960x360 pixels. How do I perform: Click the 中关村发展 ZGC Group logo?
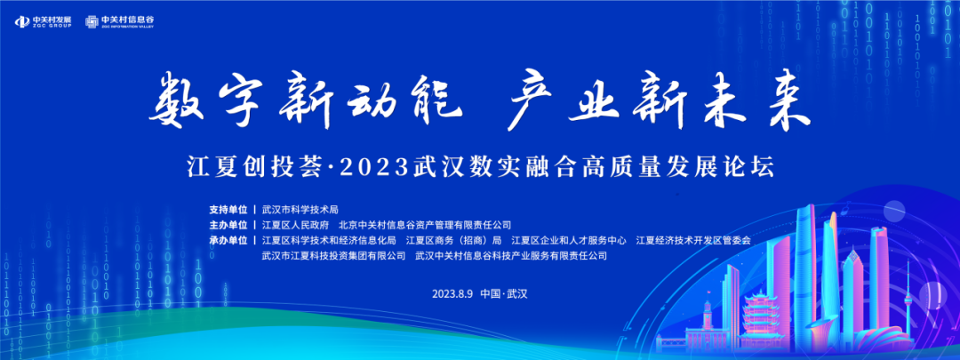tap(44, 21)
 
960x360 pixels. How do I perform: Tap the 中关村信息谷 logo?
tap(119, 21)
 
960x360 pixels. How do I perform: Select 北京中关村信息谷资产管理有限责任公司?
tap(424, 225)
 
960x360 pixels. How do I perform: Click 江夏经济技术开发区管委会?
tap(693, 240)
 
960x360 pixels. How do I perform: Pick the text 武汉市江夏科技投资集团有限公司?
tap(333, 255)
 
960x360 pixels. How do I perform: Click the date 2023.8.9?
tap(453, 293)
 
